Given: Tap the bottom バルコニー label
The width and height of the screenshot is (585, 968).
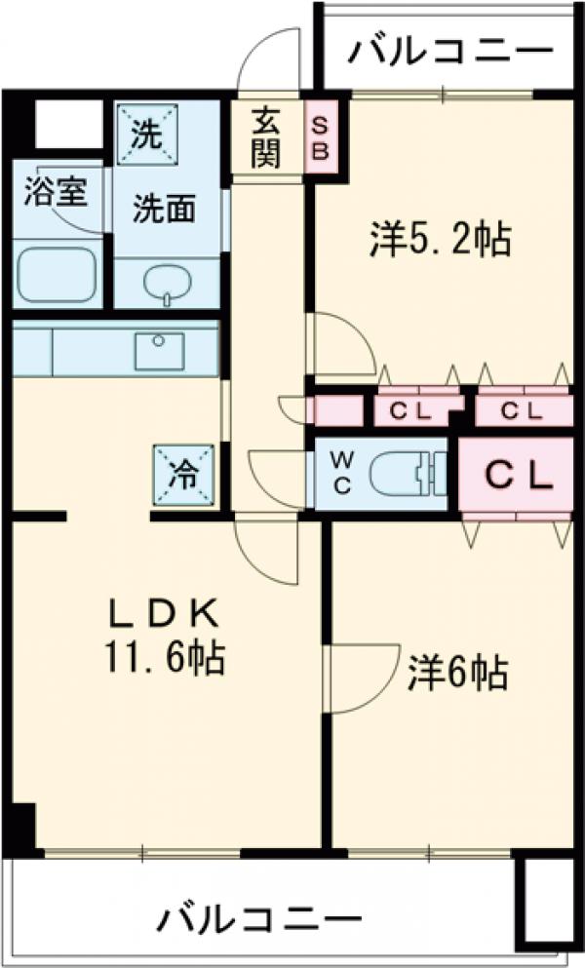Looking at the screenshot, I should (x=258, y=919).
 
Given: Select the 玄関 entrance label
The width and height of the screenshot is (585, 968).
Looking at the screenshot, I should (x=265, y=136).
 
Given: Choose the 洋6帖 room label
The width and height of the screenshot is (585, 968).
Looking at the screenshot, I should (x=457, y=672).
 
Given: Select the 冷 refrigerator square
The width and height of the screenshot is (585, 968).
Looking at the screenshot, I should (x=183, y=475).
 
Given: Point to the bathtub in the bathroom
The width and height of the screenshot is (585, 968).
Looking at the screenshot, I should (x=57, y=274).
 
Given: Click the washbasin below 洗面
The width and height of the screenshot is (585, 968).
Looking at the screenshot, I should (x=168, y=282).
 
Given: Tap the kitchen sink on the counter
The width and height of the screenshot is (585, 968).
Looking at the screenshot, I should (x=159, y=350).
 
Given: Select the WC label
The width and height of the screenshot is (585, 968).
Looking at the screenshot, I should (x=342, y=474).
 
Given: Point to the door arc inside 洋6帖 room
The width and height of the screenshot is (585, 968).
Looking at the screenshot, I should (x=362, y=678).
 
